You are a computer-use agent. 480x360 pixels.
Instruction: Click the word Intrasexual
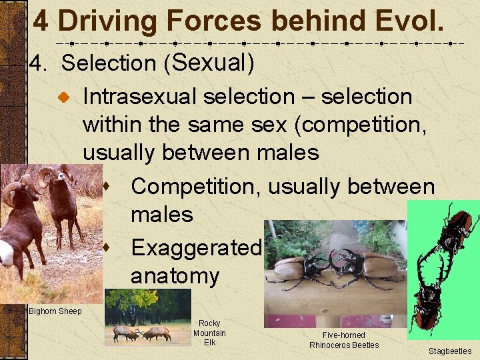pyautogui.click(x=139, y=97)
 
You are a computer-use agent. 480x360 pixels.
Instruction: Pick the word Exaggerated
pyautogui.click(x=195, y=248)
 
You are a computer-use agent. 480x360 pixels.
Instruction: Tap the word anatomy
pyautogui.click(x=175, y=276)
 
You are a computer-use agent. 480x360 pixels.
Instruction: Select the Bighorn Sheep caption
pyautogui.click(x=55, y=311)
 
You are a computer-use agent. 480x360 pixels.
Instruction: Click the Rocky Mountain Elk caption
pyautogui.click(x=209, y=333)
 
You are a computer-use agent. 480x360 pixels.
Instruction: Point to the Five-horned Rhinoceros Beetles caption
pyautogui.click(x=343, y=340)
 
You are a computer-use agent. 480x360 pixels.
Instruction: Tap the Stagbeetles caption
pyautogui.click(x=449, y=351)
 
